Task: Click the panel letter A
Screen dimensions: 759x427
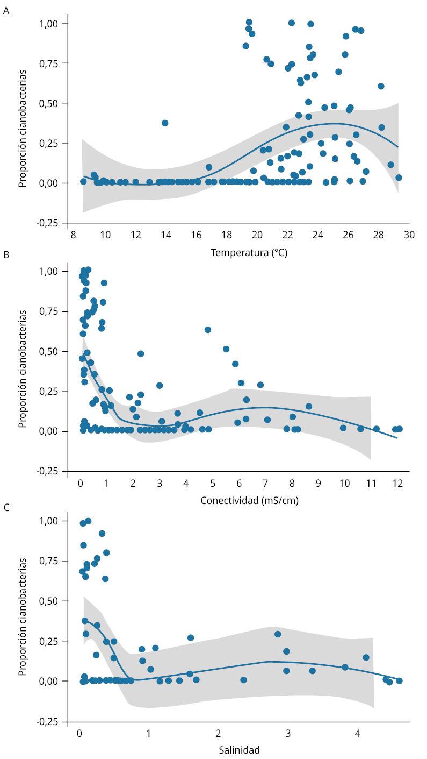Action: pos(6,10)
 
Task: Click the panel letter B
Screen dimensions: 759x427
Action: pos(6,255)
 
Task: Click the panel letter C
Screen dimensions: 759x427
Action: pos(6,507)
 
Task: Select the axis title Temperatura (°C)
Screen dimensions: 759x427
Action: pos(249,252)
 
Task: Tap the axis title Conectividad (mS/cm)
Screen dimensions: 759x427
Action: pos(249,501)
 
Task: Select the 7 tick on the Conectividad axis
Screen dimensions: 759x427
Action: pos(265,484)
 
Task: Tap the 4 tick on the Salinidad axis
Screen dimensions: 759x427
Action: pos(357,733)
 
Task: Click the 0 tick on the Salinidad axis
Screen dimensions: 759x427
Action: pos(79,733)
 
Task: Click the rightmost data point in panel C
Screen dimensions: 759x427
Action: pos(399,680)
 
